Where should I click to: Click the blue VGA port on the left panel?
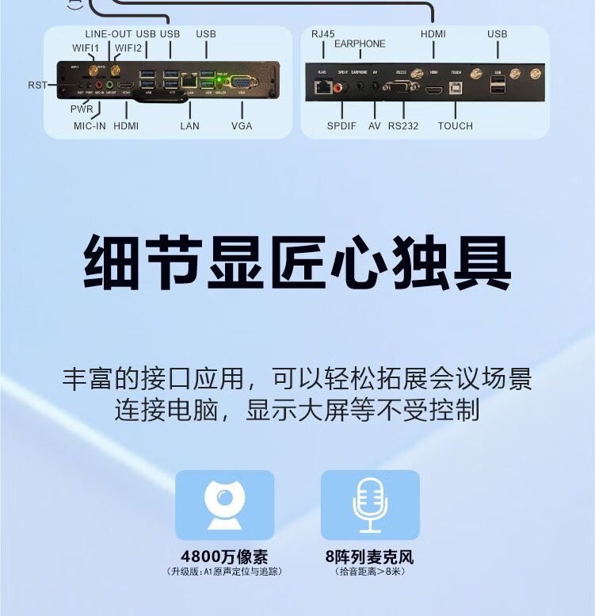[x=243, y=82]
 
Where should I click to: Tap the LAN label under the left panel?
[x=189, y=126]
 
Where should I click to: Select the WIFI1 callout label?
[x=86, y=48]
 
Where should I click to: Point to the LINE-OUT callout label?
[x=109, y=34]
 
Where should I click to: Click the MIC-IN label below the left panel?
[x=90, y=126]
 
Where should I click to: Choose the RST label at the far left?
[x=37, y=85]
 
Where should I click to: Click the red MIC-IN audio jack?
[x=99, y=83]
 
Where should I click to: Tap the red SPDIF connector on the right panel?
[x=341, y=88]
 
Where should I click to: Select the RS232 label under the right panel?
[x=403, y=126]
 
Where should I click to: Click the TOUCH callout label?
[x=455, y=126]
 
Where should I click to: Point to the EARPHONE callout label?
[x=360, y=44]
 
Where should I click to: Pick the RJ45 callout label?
[x=323, y=34]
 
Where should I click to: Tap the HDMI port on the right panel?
[x=433, y=90]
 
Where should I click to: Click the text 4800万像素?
[x=224, y=557]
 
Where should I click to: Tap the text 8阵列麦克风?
[x=369, y=557]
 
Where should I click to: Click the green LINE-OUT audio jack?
[x=109, y=83]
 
